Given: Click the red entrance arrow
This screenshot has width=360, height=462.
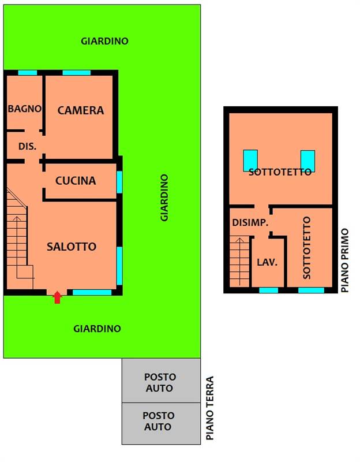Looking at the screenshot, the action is (57, 297).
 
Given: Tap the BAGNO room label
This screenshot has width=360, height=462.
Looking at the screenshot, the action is (25, 109).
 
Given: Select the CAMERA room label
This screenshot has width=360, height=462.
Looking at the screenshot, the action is (81, 110).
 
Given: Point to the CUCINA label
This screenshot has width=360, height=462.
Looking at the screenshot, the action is (76, 181).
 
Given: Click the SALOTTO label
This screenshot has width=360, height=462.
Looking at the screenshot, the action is (72, 247).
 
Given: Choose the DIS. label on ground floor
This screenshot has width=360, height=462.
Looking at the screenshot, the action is (27, 146).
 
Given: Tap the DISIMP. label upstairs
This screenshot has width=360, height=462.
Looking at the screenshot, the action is (250, 222).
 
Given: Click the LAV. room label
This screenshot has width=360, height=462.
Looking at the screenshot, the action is (267, 262).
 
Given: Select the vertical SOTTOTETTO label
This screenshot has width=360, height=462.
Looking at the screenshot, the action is (307, 248).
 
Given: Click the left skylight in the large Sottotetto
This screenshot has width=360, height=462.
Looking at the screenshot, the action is (250, 161).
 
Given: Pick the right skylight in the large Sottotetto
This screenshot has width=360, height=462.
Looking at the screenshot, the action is (307, 161).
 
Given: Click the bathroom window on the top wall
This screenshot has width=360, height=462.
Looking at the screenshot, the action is (28, 73).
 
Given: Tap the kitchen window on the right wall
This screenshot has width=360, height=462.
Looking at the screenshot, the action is (119, 182).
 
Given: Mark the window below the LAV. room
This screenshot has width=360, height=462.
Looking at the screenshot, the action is (268, 290).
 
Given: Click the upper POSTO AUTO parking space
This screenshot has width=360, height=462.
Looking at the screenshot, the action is (162, 381).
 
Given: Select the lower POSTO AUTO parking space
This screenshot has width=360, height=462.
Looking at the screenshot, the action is (162, 423).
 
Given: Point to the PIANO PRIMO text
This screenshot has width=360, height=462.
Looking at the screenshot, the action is (344, 260).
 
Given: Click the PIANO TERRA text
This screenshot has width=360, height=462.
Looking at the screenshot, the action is (209, 408).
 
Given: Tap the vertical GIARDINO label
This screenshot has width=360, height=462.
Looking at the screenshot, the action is (164, 198).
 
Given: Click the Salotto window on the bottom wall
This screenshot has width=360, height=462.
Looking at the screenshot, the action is (92, 292).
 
